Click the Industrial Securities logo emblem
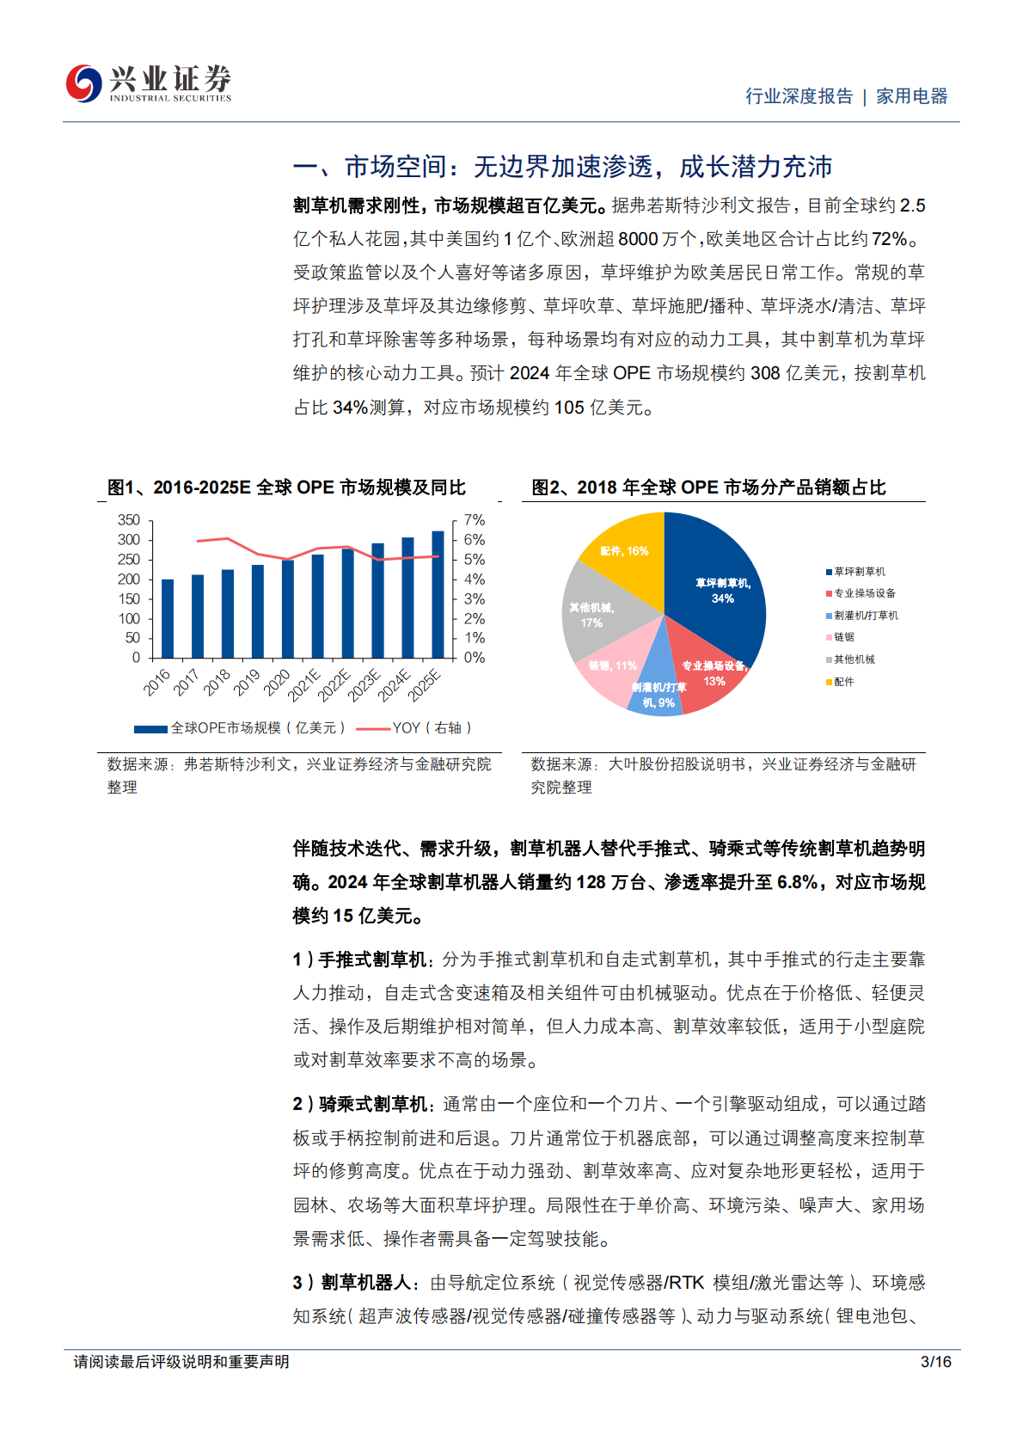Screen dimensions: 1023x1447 pos(84,83)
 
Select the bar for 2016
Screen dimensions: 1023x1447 pos(168,618)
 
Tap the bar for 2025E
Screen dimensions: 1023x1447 pos(438,594)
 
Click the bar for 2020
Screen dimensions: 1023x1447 pos(288,609)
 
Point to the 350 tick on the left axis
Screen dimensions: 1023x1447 pos(129,520)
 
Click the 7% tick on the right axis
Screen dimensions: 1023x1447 pos(475,520)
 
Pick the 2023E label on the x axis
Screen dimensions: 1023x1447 pos(364,684)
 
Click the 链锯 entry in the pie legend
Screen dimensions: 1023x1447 pos(843,637)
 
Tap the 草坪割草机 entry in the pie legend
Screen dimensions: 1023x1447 pos(859,572)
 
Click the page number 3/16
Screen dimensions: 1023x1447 pos(935,1362)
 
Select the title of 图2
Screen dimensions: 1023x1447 pos(708,487)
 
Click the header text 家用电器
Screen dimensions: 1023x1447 pos(911,96)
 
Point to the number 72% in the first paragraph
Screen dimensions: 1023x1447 pos(889,239)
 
